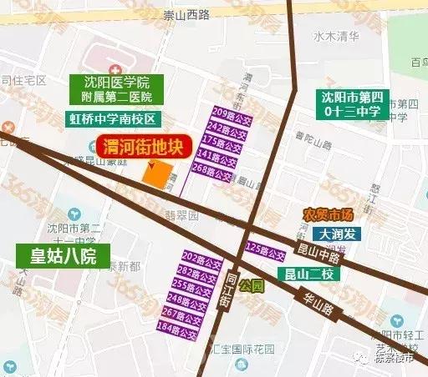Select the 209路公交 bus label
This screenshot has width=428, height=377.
(210, 113)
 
